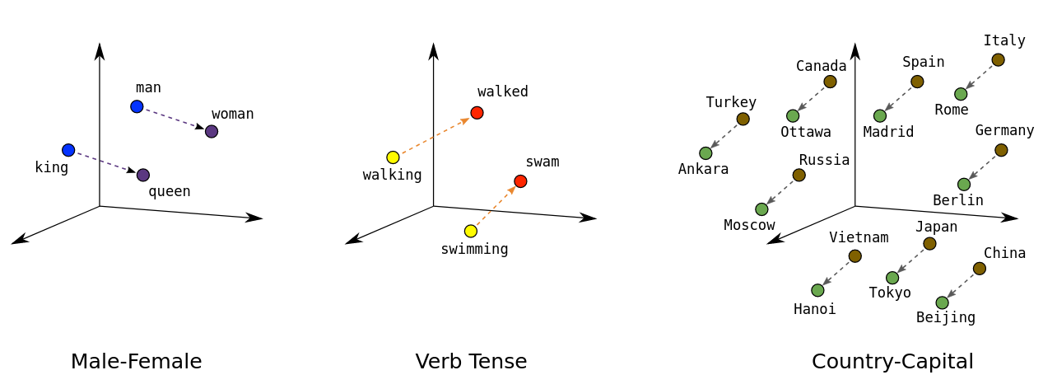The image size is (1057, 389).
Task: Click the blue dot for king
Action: tap(68, 150)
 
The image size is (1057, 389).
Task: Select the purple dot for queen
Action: tap(143, 175)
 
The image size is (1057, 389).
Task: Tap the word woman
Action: tap(232, 114)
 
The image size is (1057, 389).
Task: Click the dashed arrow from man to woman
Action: tap(174, 119)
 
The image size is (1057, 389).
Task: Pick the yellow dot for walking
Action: tap(393, 157)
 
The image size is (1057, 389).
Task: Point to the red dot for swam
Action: tap(520, 181)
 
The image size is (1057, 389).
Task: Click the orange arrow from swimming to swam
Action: tap(496, 206)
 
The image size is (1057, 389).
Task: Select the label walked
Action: tap(502, 91)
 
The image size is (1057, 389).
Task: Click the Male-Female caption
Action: tap(136, 361)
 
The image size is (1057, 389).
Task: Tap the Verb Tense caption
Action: tap(471, 361)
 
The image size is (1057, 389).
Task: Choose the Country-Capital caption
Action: tap(892, 361)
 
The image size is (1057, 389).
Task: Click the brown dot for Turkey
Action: tap(743, 119)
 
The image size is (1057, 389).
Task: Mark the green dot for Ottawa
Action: tap(793, 116)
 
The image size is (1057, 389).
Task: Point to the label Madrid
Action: tap(888, 132)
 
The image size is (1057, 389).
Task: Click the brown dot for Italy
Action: tap(998, 59)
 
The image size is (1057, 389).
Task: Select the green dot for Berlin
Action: tap(964, 185)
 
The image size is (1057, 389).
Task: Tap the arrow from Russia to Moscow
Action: tap(780, 192)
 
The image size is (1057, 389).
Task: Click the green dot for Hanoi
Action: tap(817, 290)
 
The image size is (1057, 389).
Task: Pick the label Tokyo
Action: tap(890, 293)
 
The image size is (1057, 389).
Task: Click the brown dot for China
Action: tap(979, 269)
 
